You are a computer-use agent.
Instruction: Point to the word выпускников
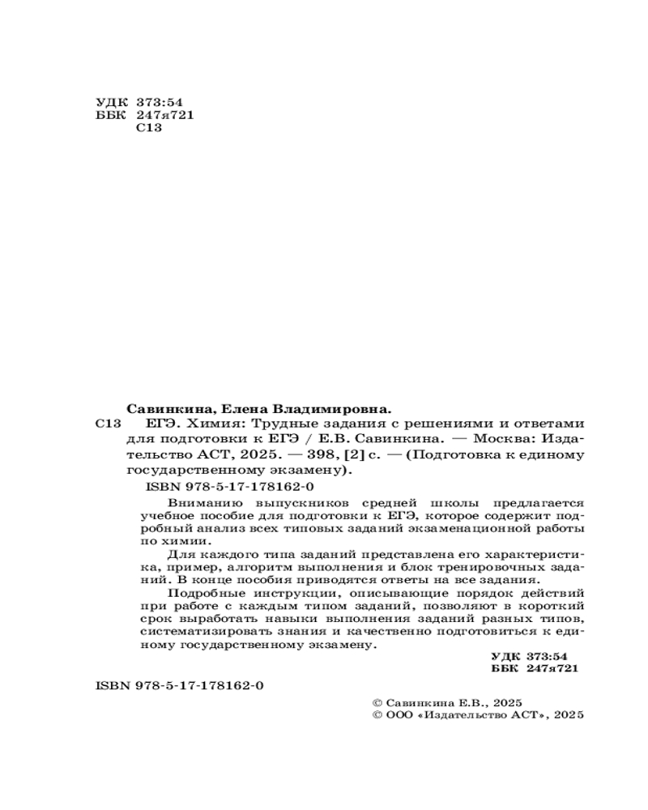click(x=288, y=503)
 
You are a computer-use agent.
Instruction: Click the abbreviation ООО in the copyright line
click(x=398, y=714)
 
